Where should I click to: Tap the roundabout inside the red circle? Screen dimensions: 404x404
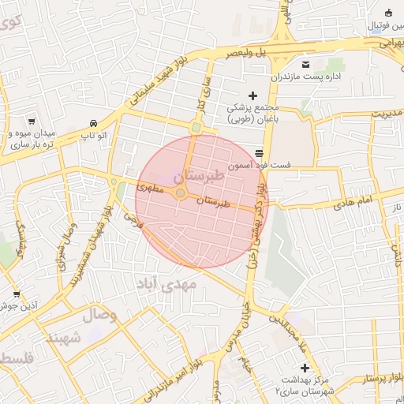click(x=181, y=193)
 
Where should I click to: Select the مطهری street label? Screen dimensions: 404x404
click(x=149, y=189)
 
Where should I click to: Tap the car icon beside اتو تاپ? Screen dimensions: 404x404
click(x=94, y=124)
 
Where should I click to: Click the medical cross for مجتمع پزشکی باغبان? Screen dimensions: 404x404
click(x=252, y=95)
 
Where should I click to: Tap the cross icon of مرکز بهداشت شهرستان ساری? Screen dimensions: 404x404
click(x=305, y=368)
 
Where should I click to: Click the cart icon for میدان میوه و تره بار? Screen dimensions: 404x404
click(x=31, y=122)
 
